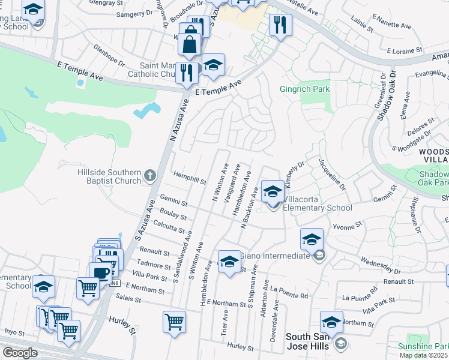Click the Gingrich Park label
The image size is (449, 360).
[304, 89]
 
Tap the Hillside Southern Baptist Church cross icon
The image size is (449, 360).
[150, 176]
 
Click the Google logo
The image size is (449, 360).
[19, 353]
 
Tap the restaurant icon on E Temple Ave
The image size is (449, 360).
[187, 73]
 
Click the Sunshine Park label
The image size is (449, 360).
[423, 347]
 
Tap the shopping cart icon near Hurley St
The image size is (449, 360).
[174, 322]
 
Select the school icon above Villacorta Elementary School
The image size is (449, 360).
[273, 191]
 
